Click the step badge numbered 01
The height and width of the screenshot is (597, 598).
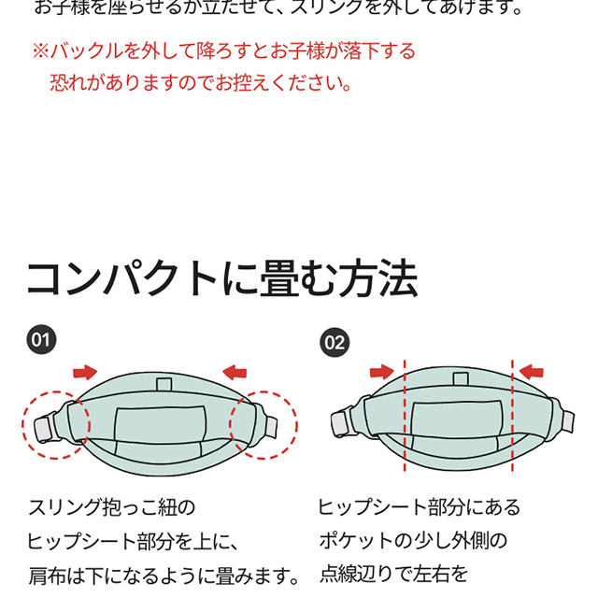tap(39, 338)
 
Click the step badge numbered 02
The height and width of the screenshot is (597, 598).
tap(334, 342)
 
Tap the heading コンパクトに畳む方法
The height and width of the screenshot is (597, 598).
tap(221, 278)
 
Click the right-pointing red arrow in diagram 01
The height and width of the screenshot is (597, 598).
tap(85, 372)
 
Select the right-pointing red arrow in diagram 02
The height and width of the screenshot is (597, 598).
tap(382, 372)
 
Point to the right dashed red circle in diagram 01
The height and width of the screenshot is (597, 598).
tap(263, 426)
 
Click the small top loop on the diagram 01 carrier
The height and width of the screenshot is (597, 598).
tap(164, 384)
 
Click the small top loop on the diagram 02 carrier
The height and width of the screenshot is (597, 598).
tap(459, 378)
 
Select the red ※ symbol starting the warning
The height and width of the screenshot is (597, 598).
tap(40, 50)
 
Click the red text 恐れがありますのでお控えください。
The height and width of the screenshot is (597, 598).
tap(201, 82)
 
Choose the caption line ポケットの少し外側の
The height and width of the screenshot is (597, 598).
tap(412, 541)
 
